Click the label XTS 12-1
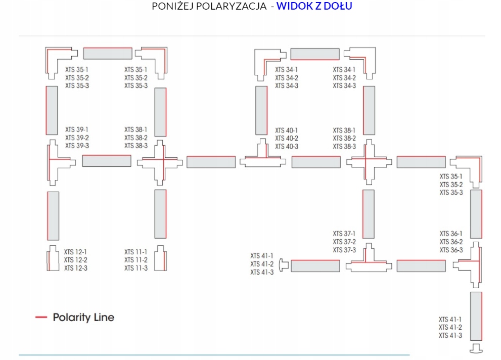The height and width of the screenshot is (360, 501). click(75, 252)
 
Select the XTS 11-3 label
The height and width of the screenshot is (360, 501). click(136, 268)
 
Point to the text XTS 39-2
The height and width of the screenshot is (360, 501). click(77, 138)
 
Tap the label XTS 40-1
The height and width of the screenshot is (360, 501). click(287, 130)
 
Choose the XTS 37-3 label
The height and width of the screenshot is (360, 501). click(344, 250)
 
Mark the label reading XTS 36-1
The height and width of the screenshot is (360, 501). click(451, 234)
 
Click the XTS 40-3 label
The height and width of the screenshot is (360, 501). click(287, 147)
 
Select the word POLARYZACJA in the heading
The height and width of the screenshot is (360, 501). click(230, 7)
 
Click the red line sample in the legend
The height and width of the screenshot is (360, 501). click(41, 318)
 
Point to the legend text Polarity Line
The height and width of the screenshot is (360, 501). click(83, 318)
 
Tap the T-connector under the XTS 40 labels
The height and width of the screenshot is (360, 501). click(262, 158)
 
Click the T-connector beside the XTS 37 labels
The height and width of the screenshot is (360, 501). click(369, 260)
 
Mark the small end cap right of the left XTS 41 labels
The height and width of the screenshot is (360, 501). click(284, 264)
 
